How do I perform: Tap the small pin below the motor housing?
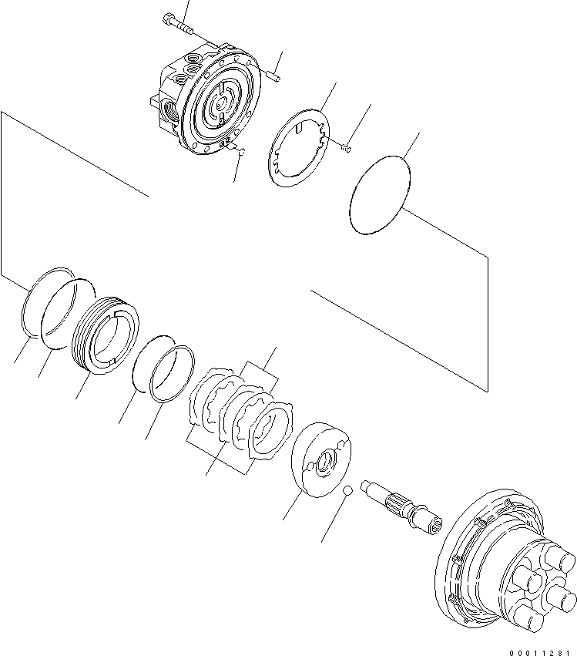pos(240,152)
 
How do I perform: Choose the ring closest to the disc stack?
pos(173,374)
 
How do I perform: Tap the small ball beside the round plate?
pos(347,490)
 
